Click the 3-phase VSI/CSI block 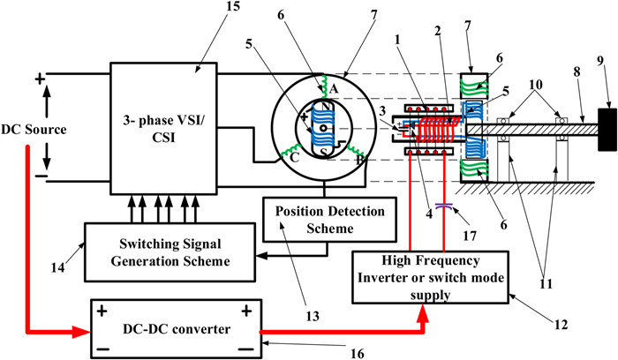tap(164, 124)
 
